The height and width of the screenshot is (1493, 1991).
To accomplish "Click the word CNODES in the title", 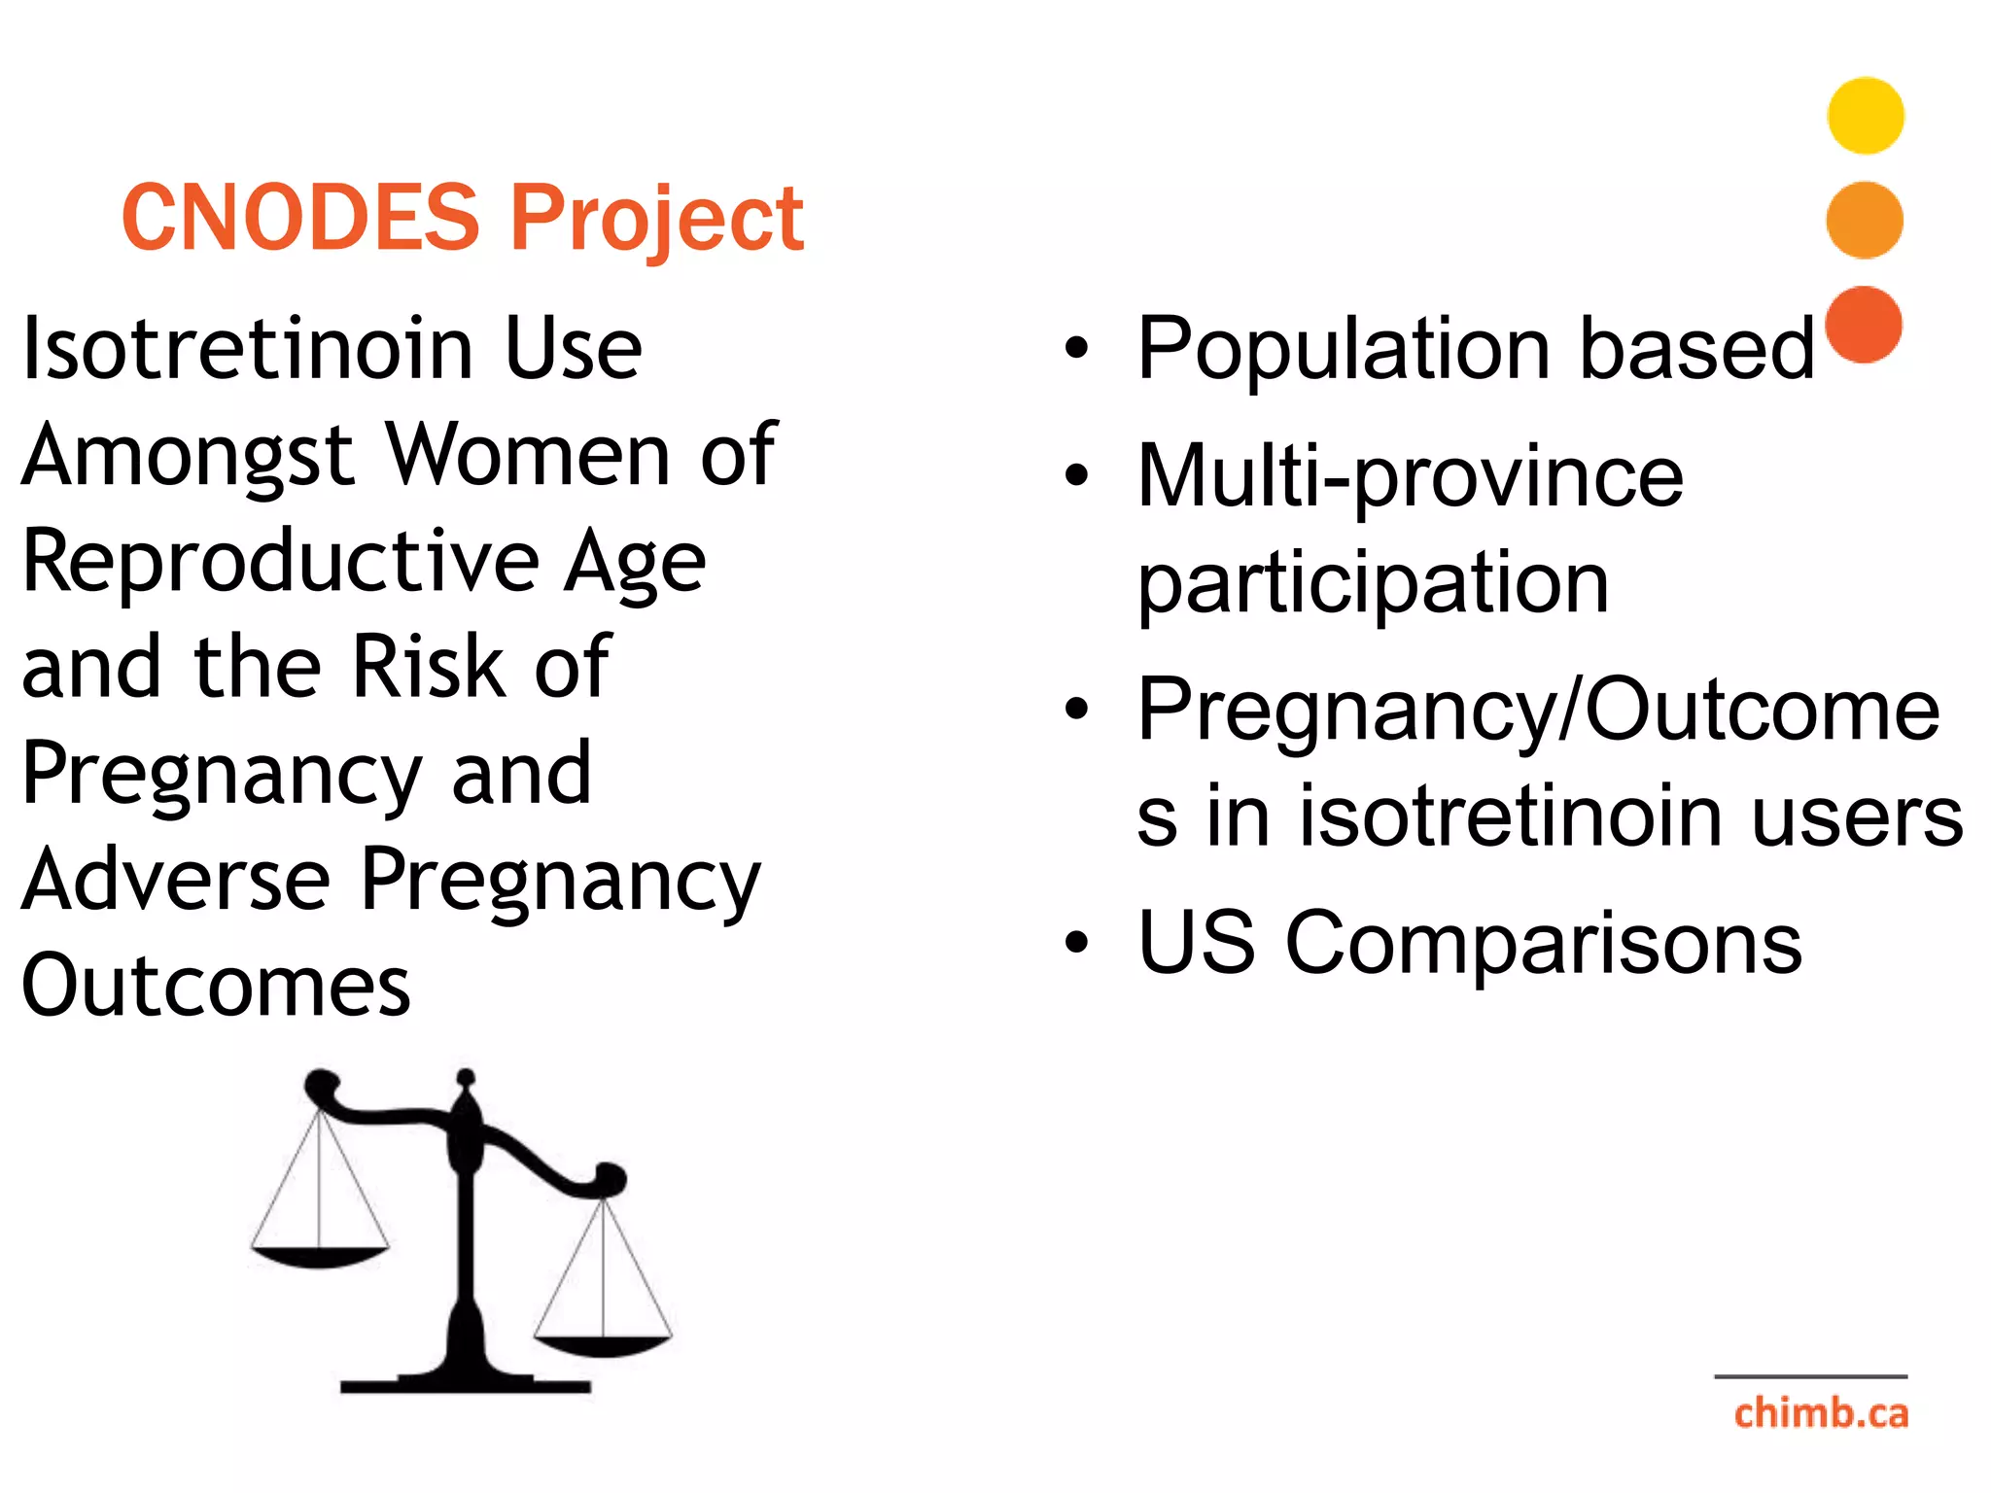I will [300, 217].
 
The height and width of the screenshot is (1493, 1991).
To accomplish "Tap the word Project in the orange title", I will [657, 219].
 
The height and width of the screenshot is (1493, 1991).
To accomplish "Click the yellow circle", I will [1865, 116].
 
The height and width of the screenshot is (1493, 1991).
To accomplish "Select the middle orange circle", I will [1865, 220].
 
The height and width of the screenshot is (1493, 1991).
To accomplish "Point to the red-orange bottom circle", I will [1864, 325].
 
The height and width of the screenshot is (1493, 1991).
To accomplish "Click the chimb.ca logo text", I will [1821, 1413].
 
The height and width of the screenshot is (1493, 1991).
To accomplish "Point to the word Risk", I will [429, 667].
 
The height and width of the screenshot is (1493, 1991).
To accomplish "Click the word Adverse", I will [176, 880].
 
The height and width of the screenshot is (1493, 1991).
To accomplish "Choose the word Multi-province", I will [1410, 476].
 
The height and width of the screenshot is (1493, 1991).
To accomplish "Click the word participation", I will [1373, 583].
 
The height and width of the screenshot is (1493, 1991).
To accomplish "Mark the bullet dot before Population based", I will [1076, 348].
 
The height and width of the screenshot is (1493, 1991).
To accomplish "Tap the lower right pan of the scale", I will [603, 1345].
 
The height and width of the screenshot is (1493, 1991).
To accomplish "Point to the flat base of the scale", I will [466, 1384].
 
